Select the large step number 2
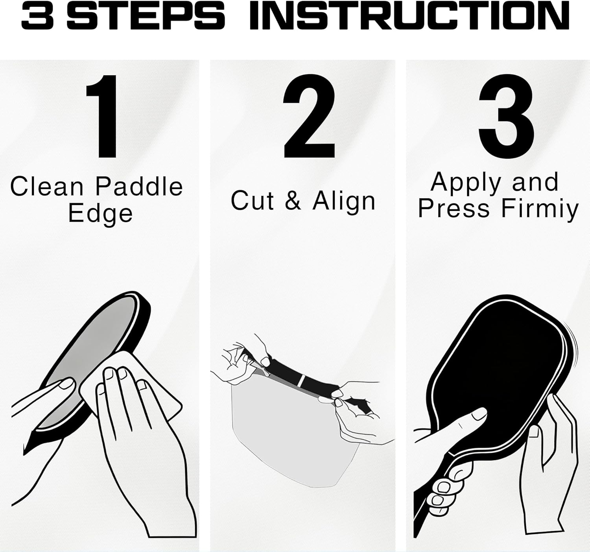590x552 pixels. point(310,116)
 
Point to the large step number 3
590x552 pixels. point(506,116)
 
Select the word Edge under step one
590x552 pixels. point(100,214)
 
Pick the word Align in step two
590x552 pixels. point(344,201)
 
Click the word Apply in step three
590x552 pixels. point(464,183)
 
